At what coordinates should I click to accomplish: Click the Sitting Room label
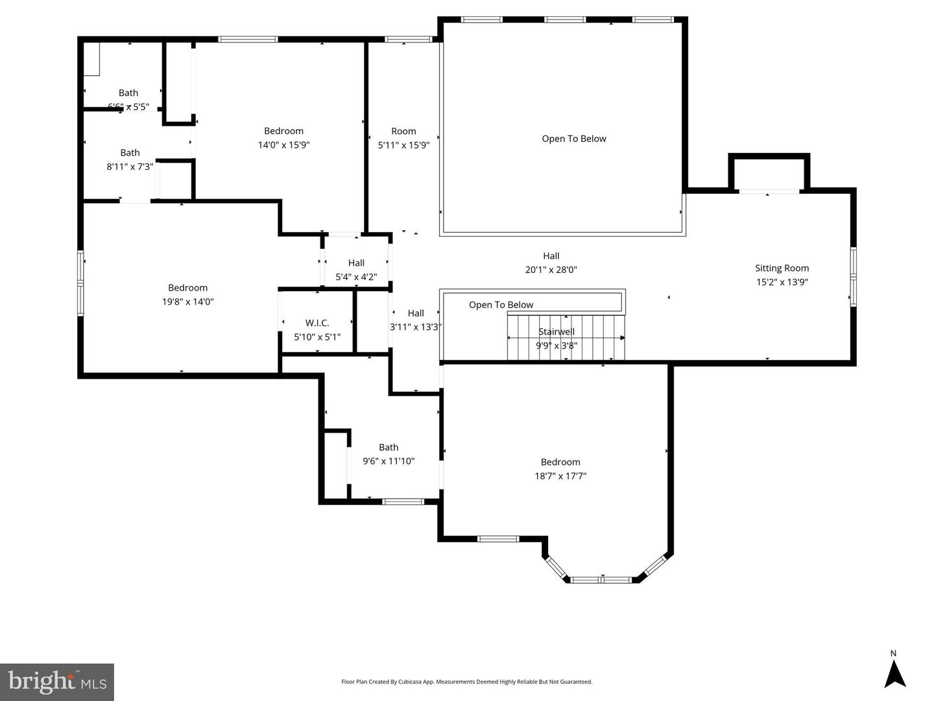pyautogui.click(x=782, y=268)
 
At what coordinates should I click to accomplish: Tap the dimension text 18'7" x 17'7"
pyautogui.click(x=560, y=476)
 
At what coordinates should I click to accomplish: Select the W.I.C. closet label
pyautogui.click(x=317, y=323)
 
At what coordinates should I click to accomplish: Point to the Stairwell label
pyautogui.click(x=557, y=331)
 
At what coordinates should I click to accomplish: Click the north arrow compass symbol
pyautogui.click(x=894, y=672)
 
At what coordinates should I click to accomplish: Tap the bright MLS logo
pyautogui.click(x=57, y=682)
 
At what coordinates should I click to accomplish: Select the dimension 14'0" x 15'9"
pyautogui.click(x=283, y=145)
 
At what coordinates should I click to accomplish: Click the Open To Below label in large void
pyautogui.click(x=574, y=139)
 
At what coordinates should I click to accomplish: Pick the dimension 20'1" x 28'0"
pyautogui.click(x=551, y=270)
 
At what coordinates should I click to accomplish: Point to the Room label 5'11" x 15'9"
pyautogui.click(x=403, y=131)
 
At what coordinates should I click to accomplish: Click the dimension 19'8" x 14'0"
pyautogui.click(x=187, y=302)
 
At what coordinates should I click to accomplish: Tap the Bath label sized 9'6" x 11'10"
pyautogui.click(x=389, y=447)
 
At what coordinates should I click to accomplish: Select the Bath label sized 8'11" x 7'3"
pyautogui.click(x=130, y=153)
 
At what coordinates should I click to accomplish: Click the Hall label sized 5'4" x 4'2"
pyautogui.click(x=356, y=263)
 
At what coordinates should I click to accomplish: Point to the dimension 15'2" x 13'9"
pyautogui.click(x=782, y=282)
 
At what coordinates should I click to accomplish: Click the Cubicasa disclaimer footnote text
pyautogui.click(x=466, y=682)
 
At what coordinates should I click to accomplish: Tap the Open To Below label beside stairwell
pyautogui.click(x=501, y=305)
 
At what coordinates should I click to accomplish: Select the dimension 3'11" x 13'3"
pyautogui.click(x=416, y=327)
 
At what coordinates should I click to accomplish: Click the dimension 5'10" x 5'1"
pyautogui.click(x=317, y=337)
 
